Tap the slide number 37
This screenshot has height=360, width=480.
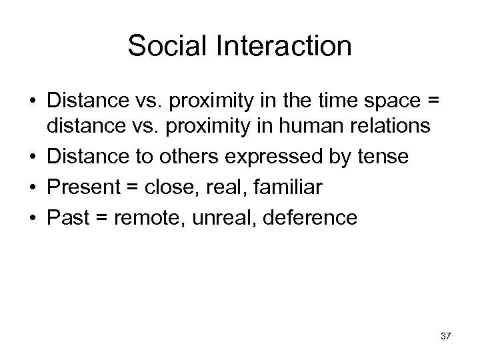445,336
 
